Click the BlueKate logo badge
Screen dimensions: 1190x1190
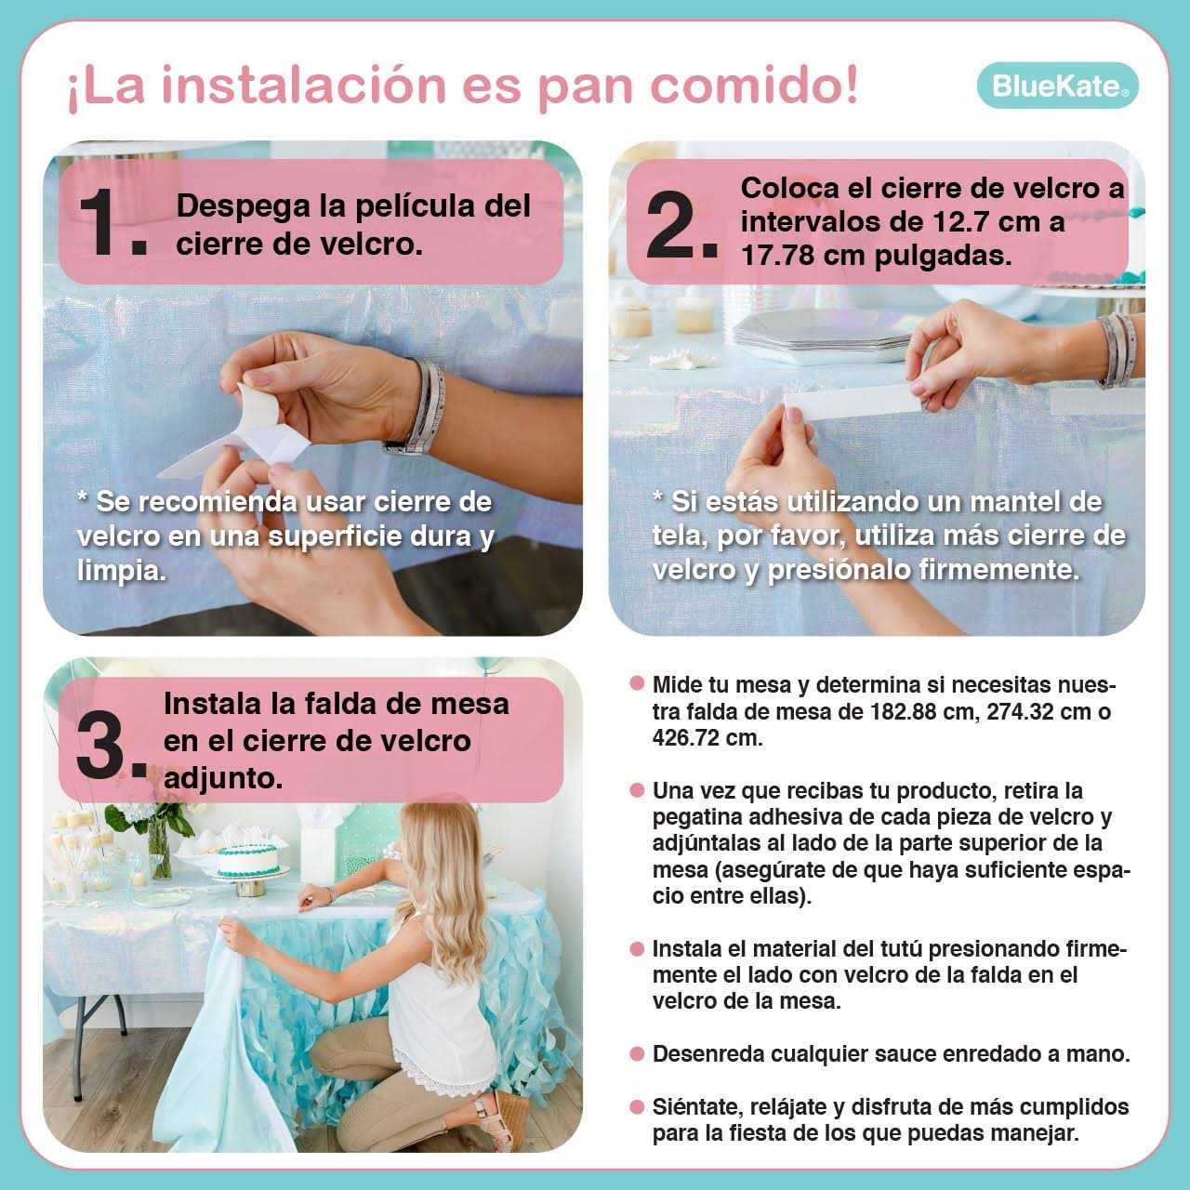(1057, 86)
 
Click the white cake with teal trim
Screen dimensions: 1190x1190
(248, 860)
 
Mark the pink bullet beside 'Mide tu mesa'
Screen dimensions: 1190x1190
(637, 683)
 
